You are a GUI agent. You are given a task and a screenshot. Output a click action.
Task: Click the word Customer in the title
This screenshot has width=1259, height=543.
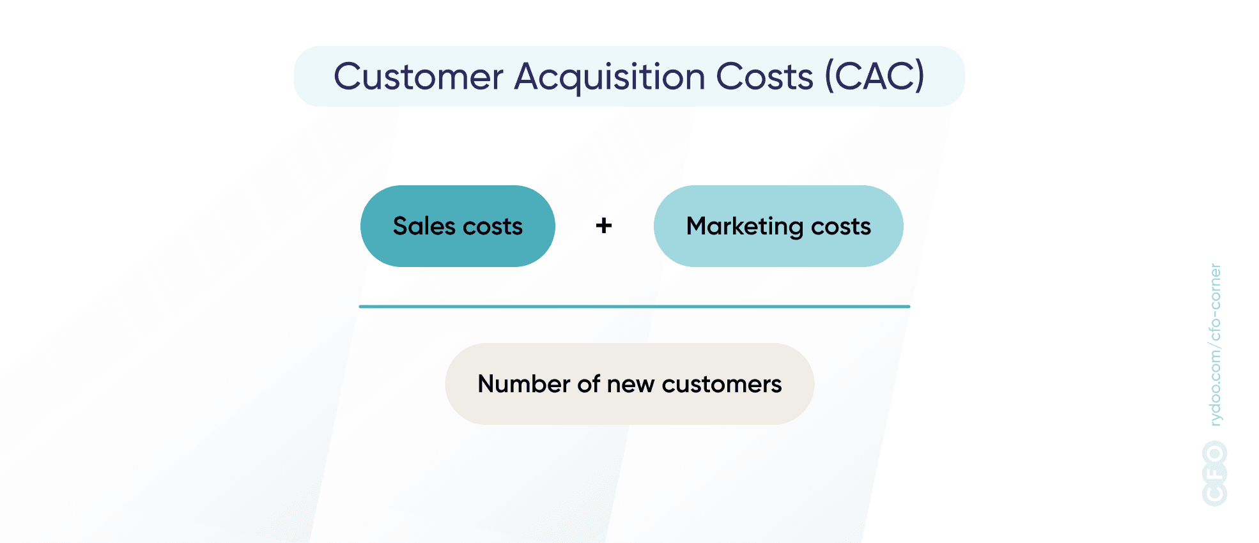pyautogui.click(x=419, y=77)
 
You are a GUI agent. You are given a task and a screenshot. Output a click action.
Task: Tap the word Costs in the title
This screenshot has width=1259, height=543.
pyautogui.click(x=764, y=77)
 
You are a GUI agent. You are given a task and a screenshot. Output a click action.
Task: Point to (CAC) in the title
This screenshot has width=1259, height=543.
pyautogui.click(x=874, y=76)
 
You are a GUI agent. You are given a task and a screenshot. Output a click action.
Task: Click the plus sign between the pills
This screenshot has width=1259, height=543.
pyautogui.click(x=604, y=226)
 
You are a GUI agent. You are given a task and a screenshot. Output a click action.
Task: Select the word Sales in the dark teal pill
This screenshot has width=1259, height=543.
pyautogui.click(x=424, y=226)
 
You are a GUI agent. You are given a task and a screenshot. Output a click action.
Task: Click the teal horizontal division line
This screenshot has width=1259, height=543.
pyautogui.click(x=634, y=307)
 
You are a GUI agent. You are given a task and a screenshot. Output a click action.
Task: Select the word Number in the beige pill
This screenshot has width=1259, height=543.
pyautogui.click(x=523, y=384)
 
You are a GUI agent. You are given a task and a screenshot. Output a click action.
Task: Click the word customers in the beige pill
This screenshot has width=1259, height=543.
pyautogui.click(x=722, y=385)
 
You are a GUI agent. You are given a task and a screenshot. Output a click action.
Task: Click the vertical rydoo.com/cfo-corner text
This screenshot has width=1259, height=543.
pyautogui.click(x=1215, y=345)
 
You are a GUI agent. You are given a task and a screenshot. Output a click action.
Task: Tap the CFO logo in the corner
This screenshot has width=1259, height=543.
pyautogui.click(x=1214, y=473)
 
